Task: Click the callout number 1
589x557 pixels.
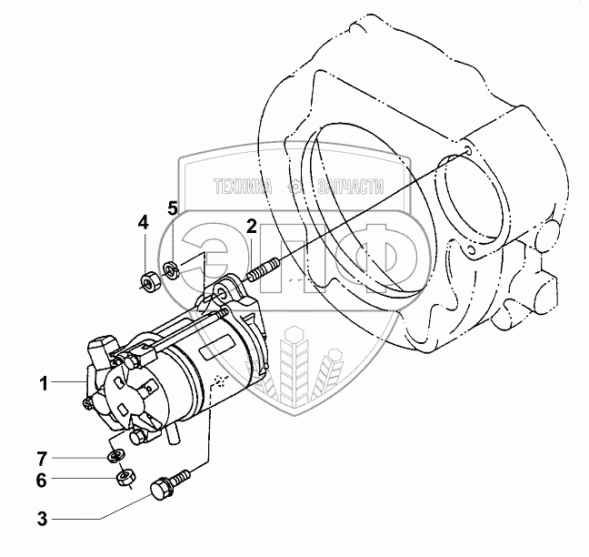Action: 42,383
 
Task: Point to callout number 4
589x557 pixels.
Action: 143,222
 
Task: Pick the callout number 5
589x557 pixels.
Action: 172,208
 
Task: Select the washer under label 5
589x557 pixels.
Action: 170,268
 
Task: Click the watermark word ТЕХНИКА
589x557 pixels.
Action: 243,187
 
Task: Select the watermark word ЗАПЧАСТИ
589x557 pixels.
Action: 349,187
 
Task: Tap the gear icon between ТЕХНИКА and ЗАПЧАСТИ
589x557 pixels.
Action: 295,187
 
